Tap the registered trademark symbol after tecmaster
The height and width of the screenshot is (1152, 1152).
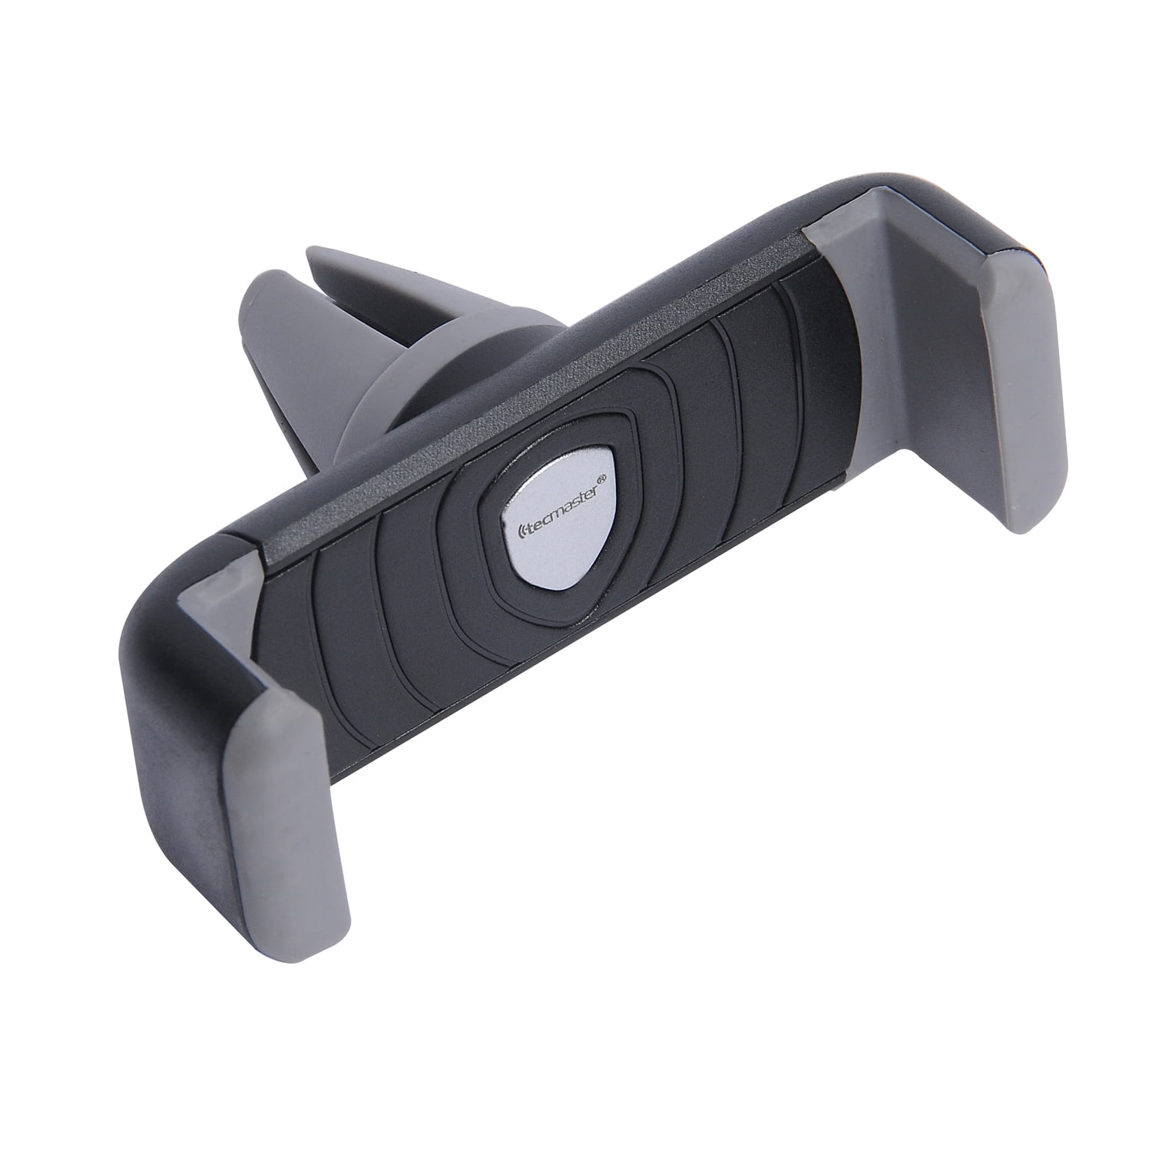(603, 479)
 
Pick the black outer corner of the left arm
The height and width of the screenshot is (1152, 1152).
(154, 584)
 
